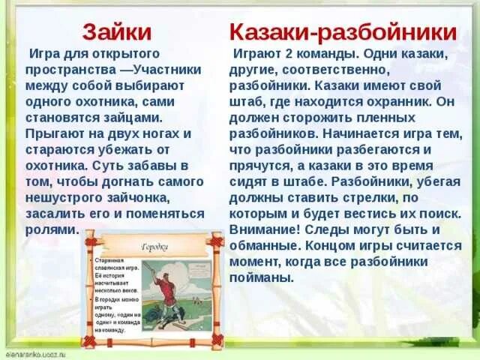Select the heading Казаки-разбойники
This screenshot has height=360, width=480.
click(x=343, y=31)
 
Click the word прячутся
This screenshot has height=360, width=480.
click(x=262, y=166)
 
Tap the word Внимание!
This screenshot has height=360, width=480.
click(x=265, y=229)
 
